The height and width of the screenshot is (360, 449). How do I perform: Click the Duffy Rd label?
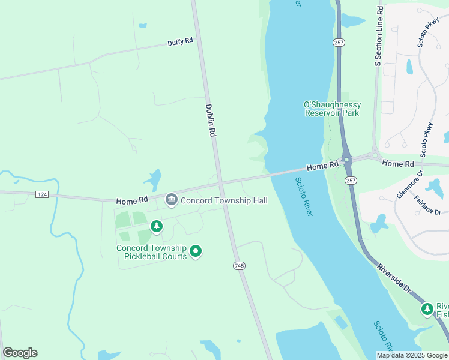[180, 42]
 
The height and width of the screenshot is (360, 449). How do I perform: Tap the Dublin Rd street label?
[209, 120]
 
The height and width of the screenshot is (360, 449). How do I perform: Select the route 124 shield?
[41, 194]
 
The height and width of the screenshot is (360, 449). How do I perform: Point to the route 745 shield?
[239, 265]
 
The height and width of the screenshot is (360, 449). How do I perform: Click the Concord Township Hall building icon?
[171, 199]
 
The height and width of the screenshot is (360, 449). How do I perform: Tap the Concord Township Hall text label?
[224, 200]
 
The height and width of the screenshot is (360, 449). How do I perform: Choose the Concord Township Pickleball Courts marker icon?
[195, 251]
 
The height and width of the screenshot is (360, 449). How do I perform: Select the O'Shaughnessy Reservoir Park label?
[332, 109]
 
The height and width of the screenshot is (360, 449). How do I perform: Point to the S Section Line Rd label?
[379, 36]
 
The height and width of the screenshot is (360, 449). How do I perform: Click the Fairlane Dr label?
[428, 204]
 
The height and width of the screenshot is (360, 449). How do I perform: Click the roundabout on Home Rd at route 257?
[346, 160]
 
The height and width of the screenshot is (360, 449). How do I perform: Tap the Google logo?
[20, 353]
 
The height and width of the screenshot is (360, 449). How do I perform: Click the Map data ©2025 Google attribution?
[412, 355]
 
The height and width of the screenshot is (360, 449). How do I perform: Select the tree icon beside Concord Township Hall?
[157, 226]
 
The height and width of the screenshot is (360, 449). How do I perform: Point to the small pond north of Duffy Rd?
[142, 26]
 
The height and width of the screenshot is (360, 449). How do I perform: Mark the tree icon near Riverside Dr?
[427, 309]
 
